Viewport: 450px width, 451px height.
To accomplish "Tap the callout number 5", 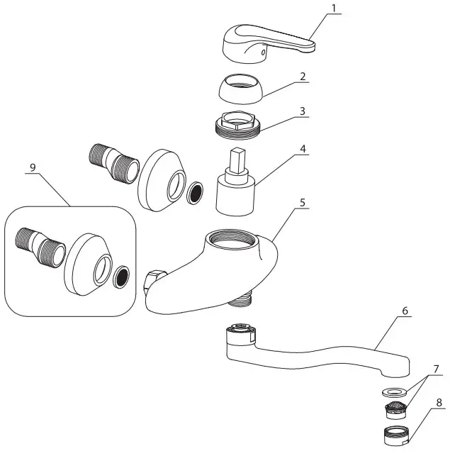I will coord(303,202).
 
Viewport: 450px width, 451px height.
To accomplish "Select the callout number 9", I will coord(33,167).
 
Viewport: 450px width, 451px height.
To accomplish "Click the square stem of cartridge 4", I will coord(237,165).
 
